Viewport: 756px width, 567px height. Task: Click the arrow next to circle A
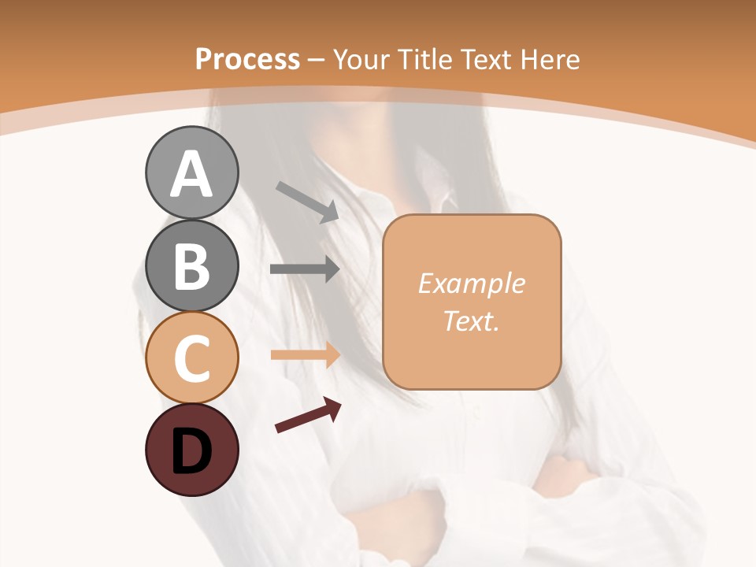[x=307, y=201]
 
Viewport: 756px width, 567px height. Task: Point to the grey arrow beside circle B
[x=305, y=269]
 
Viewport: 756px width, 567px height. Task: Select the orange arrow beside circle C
[x=305, y=355]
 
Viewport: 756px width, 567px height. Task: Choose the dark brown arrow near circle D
[x=308, y=416]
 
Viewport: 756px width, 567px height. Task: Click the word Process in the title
[x=247, y=59]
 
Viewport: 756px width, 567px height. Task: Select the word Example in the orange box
[x=471, y=283]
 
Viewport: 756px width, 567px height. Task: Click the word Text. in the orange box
[x=471, y=321]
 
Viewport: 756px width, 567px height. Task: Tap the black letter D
[x=191, y=452]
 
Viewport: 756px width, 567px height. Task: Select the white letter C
[x=191, y=359]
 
